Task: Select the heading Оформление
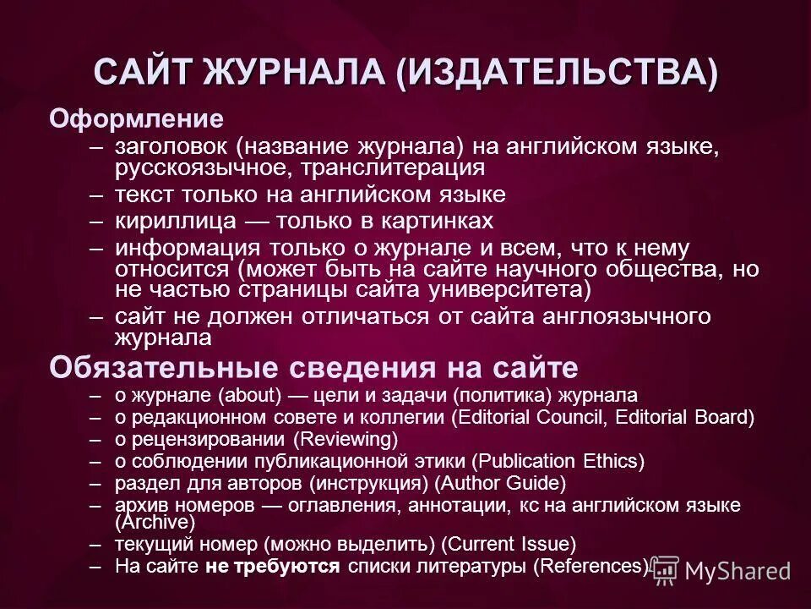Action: point(136,118)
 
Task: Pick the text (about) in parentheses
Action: point(250,395)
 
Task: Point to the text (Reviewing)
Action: point(346,439)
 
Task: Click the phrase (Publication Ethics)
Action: point(558,461)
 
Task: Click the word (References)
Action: point(591,565)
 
